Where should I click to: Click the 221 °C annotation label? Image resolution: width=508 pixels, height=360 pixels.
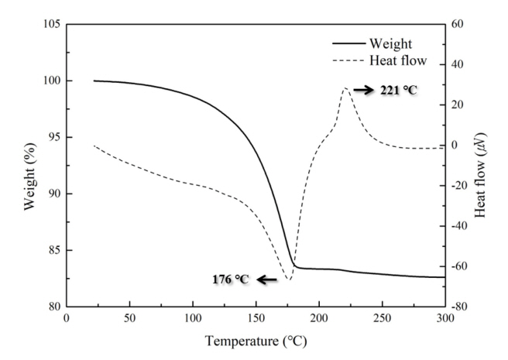coord(398,91)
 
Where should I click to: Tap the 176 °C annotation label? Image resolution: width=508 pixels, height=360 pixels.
coord(231,279)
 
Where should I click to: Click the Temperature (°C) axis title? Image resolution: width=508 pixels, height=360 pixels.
coord(256,340)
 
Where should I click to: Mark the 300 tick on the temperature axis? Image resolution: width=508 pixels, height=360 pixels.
coord(444,318)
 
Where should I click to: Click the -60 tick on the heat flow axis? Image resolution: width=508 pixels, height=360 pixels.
coord(461,266)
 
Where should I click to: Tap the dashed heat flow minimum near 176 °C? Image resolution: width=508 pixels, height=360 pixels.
coord(288,279)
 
